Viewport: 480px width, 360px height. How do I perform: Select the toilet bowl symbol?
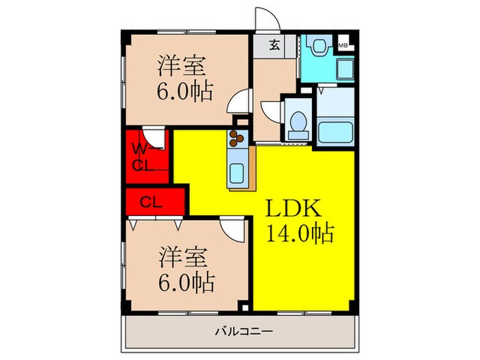[297, 123]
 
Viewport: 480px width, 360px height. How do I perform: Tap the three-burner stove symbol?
[238, 138]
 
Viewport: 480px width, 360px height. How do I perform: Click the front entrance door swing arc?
[263, 18]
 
